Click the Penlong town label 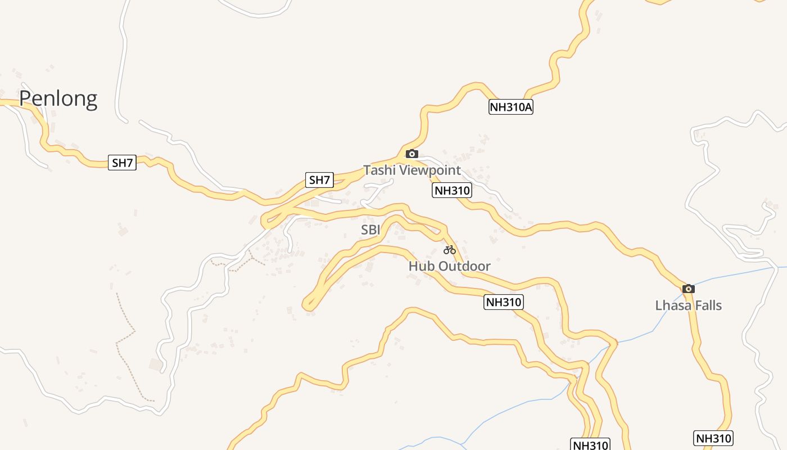click(58, 98)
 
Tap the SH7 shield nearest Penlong click(122, 163)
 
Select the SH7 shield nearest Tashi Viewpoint click(319, 180)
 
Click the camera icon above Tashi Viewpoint click(411, 154)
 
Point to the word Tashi click(378, 170)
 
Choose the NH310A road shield click(510, 107)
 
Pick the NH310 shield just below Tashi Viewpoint click(452, 191)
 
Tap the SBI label click(370, 230)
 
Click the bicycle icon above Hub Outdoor click(449, 250)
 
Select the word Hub click(421, 266)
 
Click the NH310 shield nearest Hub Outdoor click(503, 302)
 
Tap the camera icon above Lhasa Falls click(688, 289)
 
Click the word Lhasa click(672, 305)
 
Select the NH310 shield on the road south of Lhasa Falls click(713, 438)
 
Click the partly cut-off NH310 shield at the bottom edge click(590, 445)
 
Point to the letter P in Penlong click(25, 98)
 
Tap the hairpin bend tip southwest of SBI click(307, 305)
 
